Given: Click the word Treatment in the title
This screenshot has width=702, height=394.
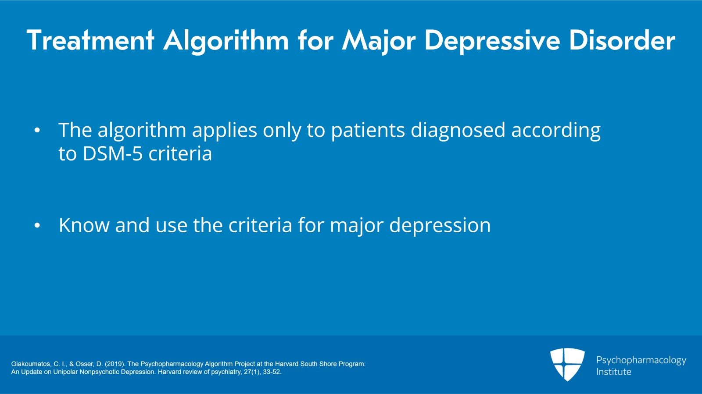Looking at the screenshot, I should (90, 40).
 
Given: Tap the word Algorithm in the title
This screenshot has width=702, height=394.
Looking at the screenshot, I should (226, 41).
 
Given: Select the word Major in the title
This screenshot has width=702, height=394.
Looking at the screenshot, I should (379, 41).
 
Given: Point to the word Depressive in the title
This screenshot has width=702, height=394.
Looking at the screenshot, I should (492, 40).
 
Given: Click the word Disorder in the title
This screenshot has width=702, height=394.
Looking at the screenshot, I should (622, 40).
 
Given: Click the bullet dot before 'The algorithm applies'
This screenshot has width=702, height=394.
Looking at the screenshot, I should (37, 130).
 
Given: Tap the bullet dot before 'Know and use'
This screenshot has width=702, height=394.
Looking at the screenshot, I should (37, 225).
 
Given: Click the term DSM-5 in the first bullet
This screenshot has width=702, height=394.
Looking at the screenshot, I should (112, 154).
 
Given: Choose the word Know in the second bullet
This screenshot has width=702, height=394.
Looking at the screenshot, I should (84, 225).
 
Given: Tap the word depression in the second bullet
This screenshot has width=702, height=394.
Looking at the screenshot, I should (440, 226).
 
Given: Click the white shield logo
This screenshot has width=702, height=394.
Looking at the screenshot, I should (567, 364).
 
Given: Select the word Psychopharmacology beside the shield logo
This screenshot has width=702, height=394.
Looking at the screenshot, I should (641, 360).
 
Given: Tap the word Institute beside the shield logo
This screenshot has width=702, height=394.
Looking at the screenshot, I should (613, 372).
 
